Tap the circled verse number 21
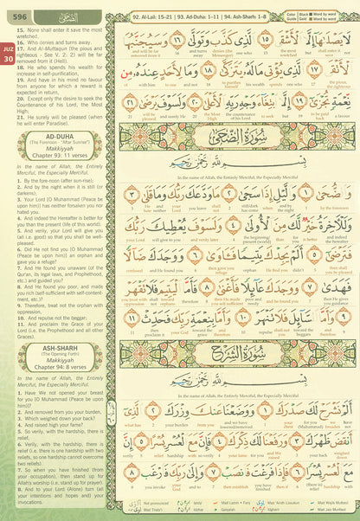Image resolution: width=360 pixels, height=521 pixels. [x=130, y=110]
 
